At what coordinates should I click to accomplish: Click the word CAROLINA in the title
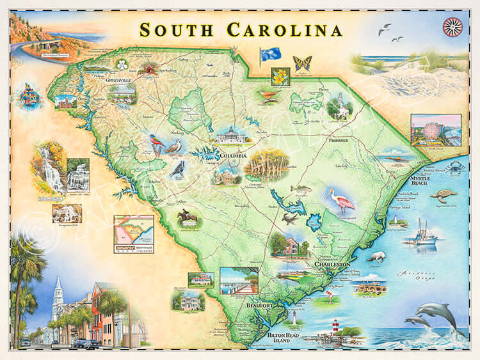point(285,29)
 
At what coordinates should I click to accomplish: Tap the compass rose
point(452,27)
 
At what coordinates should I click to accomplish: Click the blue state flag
point(267,55)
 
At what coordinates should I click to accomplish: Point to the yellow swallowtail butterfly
point(301,63)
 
